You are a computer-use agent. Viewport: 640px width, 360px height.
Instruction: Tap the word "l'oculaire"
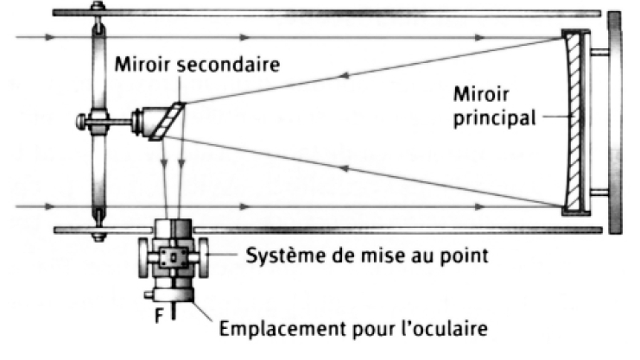pos(453,328)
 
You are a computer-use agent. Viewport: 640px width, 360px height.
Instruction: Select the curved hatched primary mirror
pos(573,120)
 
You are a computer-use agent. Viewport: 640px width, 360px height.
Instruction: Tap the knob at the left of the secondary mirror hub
pos(81,122)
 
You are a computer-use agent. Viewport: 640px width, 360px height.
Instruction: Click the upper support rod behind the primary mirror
pos(599,52)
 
